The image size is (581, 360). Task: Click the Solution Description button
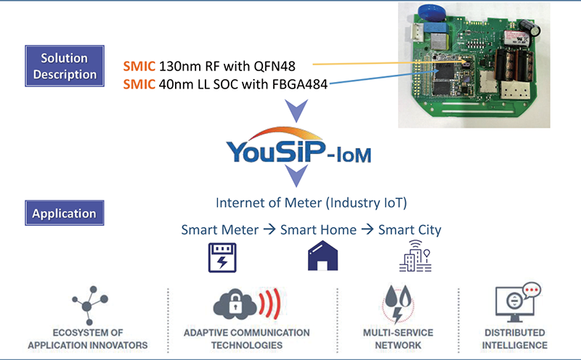tap(64, 65)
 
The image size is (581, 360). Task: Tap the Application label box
tap(64, 213)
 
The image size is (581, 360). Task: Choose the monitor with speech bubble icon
tap(513, 303)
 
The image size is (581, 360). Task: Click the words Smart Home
tap(318, 229)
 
